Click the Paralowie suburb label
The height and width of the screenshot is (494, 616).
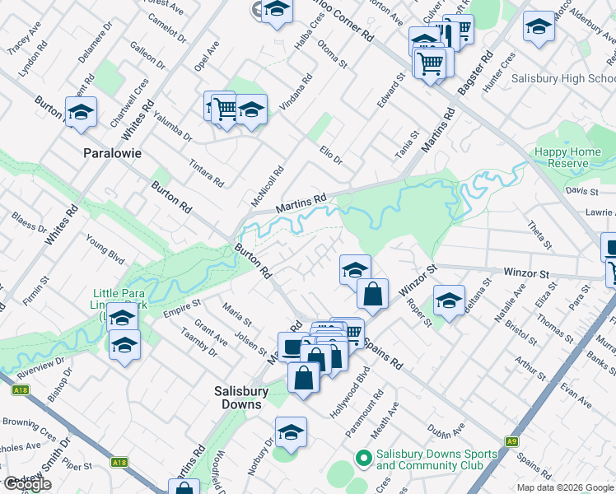tap(113, 153)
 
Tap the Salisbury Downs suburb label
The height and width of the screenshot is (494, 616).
tap(238, 398)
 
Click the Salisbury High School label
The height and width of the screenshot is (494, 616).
tap(562, 78)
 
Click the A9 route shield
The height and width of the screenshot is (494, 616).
tap(512, 441)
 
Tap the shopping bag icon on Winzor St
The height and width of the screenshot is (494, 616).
tap(373, 293)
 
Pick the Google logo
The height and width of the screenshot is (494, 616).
tap(27, 484)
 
